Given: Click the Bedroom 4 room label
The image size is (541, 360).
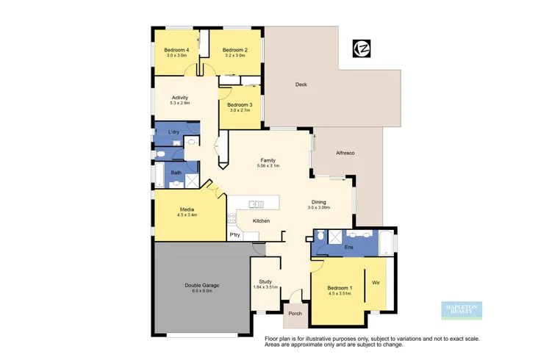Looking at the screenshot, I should pyautogui.click(x=176, y=50).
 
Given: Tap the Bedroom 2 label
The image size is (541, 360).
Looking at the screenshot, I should pyautogui.click(x=235, y=50).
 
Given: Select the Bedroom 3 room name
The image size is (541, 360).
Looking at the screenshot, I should pyautogui.click(x=240, y=105).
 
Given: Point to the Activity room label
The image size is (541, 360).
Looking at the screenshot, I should pyautogui.click(x=180, y=98).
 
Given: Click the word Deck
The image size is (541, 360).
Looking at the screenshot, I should pyautogui.click(x=301, y=84).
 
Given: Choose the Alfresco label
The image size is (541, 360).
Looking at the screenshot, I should pyautogui.click(x=345, y=152).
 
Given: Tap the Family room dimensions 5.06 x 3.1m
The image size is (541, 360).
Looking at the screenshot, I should pyautogui.click(x=268, y=166).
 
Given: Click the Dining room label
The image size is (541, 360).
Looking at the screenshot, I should pyautogui.click(x=318, y=202).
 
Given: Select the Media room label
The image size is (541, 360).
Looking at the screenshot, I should pyautogui.click(x=187, y=209).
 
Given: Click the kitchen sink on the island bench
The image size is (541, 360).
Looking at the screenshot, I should pyautogui.click(x=256, y=204).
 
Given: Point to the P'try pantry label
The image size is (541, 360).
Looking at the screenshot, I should pyautogui.click(x=235, y=234).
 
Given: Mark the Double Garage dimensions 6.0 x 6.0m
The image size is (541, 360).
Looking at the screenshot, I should pyautogui.click(x=202, y=291).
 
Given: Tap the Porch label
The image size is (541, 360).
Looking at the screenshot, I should pyautogui.click(x=295, y=314).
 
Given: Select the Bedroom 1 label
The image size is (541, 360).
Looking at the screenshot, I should pyautogui.click(x=340, y=287).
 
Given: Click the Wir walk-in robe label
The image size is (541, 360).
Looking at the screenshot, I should pyautogui.click(x=375, y=282).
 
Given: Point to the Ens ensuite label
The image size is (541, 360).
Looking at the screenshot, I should pyautogui.click(x=348, y=248).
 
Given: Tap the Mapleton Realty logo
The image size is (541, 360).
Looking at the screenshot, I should pyautogui.click(x=460, y=309).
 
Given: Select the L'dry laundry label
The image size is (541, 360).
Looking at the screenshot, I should pyautogui.click(x=174, y=132).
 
